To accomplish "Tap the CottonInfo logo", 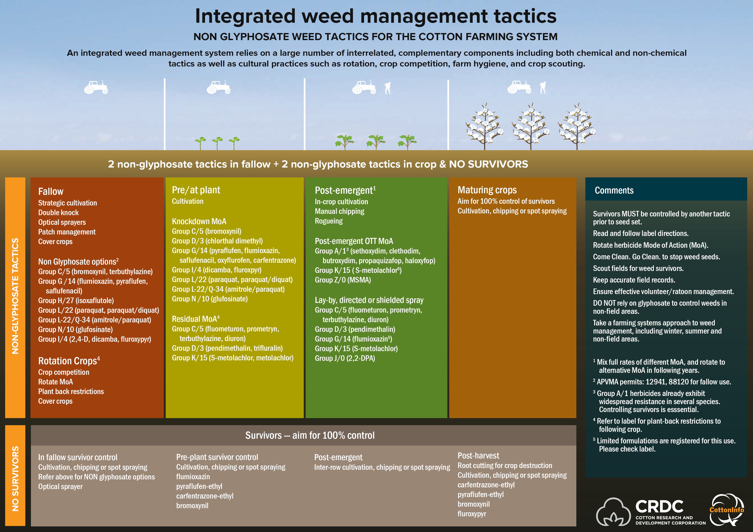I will (726, 509).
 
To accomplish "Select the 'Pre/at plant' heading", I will (196, 190).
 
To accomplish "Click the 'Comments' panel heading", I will (614, 190).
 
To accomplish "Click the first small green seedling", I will (200, 143).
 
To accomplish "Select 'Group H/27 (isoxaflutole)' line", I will (76, 301).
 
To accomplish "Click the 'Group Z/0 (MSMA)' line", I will (343, 280).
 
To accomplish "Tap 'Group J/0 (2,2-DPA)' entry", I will (345, 358).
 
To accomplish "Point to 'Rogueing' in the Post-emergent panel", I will (329, 221).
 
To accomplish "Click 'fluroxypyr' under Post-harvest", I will (472, 514).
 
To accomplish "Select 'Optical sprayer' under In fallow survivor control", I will (60, 487).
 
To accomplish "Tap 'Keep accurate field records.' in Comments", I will (634, 280).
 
